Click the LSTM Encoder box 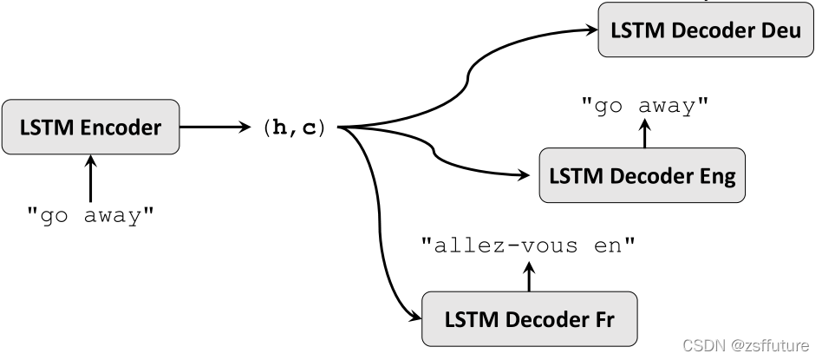pyautogui.click(x=90, y=128)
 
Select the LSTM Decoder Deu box pyautogui.click(x=705, y=30)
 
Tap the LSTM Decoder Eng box pyautogui.click(x=642, y=176)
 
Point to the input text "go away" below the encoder pyautogui.click(x=90, y=216)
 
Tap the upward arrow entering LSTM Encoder pyautogui.click(x=90, y=178)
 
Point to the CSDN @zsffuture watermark pyautogui.click(x=746, y=344)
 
